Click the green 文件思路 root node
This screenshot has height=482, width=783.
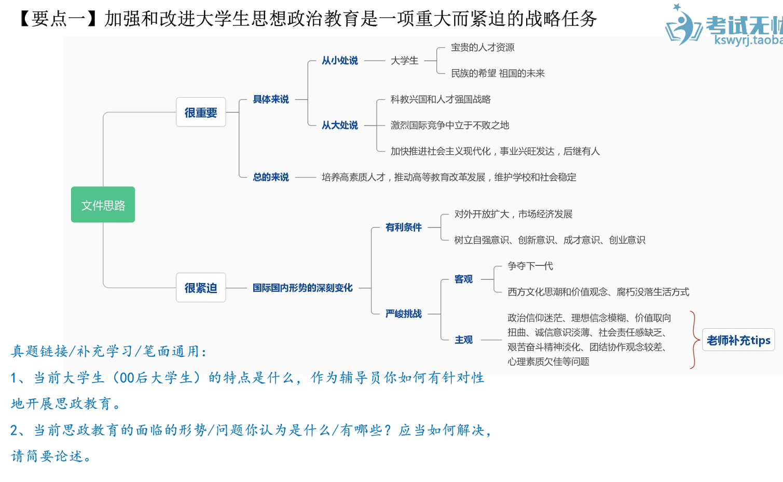pos(103,205)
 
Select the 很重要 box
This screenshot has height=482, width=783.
pos(201,113)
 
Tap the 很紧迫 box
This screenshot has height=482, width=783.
pos(201,288)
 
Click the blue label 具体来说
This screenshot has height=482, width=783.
pos(271,99)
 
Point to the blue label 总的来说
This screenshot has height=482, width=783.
pos(271,177)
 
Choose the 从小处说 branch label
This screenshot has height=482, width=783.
pos(340,61)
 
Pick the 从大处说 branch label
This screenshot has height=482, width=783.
pos(340,125)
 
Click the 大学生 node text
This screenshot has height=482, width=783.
pos(404,61)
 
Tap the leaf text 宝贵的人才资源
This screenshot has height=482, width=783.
pos(483,48)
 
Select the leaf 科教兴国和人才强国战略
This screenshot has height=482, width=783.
pos(441,99)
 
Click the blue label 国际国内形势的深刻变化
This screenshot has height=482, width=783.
pos(303,288)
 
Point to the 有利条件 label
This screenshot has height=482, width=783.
pos(404,227)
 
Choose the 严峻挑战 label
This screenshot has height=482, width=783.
pos(404,314)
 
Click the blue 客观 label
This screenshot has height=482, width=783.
pos(463,279)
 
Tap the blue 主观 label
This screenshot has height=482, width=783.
pos(463,340)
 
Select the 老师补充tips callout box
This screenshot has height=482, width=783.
pos(738,340)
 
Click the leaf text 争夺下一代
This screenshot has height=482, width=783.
pos(530,266)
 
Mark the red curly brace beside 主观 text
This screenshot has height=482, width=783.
pos(694,340)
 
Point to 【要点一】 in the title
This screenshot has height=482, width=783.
pos(57,19)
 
